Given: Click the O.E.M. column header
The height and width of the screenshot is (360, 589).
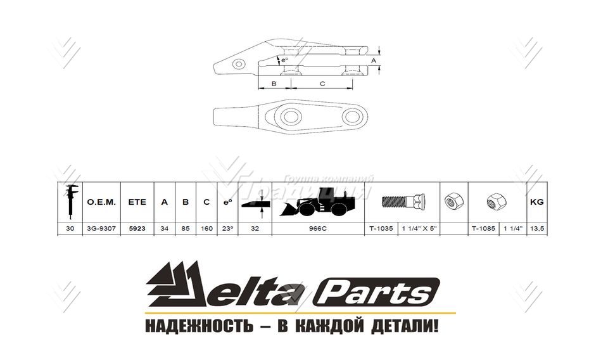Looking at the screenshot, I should pyautogui.click(x=100, y=202).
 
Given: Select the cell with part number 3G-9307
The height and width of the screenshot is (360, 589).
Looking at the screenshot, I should pyautogui.click(x=100, y=228).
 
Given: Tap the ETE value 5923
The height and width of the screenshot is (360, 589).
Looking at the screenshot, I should pyautogui.click(x=137, y=228).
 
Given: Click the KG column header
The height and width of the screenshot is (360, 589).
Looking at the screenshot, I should pyautogui.click(x=536, y=202).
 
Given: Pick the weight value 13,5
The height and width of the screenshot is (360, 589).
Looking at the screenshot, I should pyautogui.click(x=536, y=228).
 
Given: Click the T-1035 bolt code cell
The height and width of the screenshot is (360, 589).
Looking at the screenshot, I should pyautogui.click(x=381, y=228).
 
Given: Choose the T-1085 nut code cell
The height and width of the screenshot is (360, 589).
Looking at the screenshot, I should pyautogui.click(x=483, y=228).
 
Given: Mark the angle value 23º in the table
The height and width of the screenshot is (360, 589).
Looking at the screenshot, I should pyautogui.click(x=227, y=228).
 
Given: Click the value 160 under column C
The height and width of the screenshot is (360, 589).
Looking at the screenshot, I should pyautogui.click(x=206, y=228).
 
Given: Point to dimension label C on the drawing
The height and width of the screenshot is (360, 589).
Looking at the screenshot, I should pyautogui.click(x=322, y=83).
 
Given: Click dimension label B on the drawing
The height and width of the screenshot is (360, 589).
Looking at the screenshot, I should pyautogui.click(x=274, y=83).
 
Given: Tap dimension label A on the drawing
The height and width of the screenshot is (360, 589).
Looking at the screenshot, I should pyautogui.click(x=374, y=60).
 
